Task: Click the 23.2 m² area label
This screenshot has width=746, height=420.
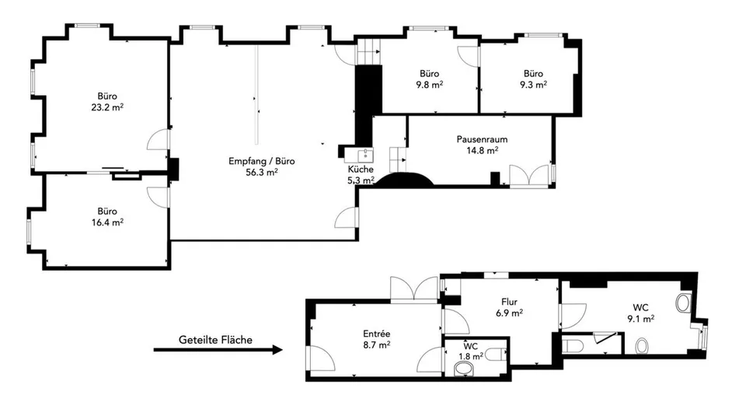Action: point(107,107)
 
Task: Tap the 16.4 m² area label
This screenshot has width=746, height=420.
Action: point(107,222)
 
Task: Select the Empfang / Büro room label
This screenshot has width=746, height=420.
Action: point(262,161)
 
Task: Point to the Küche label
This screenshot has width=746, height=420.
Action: point(361,169)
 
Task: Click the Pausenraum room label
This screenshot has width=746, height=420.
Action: point(482,139)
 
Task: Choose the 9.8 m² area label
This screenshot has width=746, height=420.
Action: point(429,85)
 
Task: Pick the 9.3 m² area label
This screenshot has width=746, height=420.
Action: point(533,85)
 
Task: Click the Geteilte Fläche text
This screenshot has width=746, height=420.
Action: point(215,340)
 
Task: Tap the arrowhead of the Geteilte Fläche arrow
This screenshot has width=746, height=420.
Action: point(277,349)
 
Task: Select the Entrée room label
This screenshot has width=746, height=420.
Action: point(377,334)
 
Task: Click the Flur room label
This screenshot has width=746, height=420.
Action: point(509,302)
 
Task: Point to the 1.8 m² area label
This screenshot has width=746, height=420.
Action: point(471,356)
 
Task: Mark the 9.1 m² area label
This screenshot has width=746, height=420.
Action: point(640,319)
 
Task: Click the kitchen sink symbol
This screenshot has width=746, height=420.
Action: point(365,155)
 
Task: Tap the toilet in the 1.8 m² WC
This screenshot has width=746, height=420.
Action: point(497,354)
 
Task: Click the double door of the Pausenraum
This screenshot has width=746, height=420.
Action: point(529,177)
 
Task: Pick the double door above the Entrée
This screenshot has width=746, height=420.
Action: point(414,289)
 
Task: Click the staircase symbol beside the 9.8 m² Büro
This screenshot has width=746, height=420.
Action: point(369,52)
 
